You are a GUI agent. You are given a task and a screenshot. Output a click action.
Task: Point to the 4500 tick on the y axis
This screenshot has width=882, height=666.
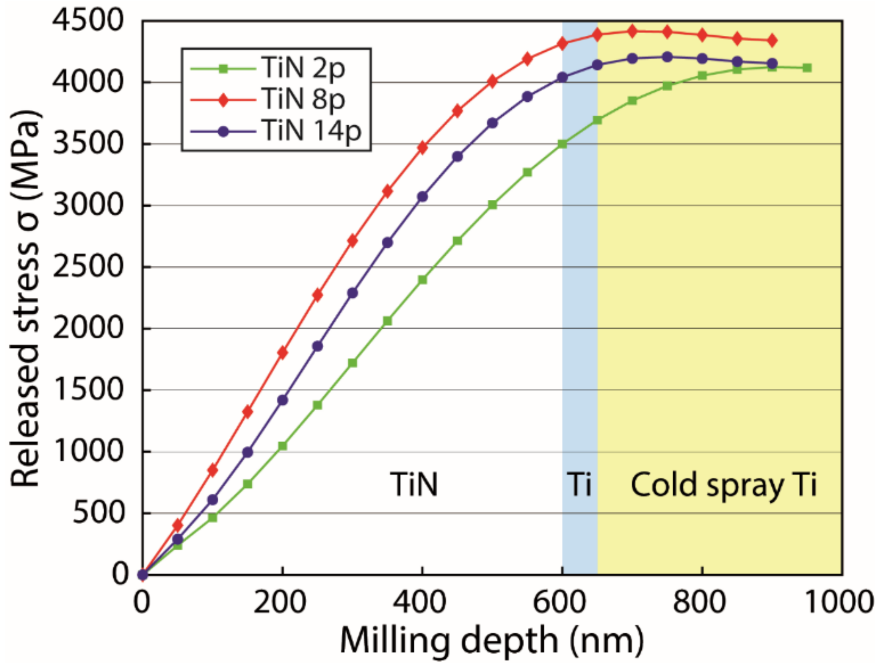pyautogui.click(x=88, y=20)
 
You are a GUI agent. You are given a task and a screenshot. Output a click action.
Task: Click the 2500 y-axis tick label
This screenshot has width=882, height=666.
pyautogui.click(x=88, y=267)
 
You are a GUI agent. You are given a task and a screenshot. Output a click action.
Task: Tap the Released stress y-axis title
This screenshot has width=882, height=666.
pyautogui.click(x=25, y=299)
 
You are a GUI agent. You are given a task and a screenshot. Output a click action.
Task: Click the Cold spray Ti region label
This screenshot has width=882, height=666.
pyautogui.click(x=723, y=485)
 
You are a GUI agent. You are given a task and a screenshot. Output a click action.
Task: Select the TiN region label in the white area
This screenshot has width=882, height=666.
pyautogui.click(x=414, y=485)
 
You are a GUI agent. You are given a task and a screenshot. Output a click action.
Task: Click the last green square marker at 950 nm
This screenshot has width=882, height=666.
pyautogui.click(x=807, y=68)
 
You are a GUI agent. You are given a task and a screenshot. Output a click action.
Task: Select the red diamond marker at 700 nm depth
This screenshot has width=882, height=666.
pyautogui.click(x=632, y=31)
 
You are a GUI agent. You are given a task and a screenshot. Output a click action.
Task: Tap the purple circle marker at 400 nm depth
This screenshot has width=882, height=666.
pyautogui.click(x=422, y=197)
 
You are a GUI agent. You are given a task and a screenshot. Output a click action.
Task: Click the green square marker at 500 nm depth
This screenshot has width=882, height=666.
pyautogui.click(x=492, y=205)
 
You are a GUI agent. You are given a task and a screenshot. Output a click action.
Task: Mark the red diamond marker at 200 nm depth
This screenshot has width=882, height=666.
pyautogui.click(x=282, y=352)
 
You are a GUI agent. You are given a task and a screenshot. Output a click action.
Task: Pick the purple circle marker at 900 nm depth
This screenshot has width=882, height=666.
pyautogui.click(x=772, y=64)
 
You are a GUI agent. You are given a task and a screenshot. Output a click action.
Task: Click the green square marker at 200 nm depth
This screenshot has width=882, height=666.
pyautogui.click(x=282, y=446)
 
